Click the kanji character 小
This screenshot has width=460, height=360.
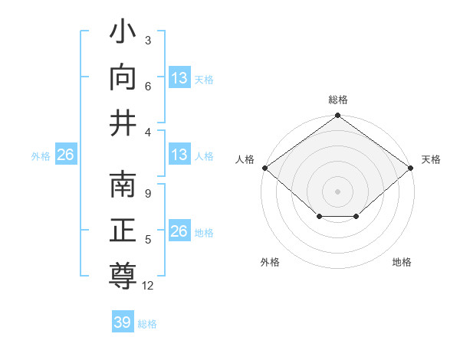(x=123, y=34)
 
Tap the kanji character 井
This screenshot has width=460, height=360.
(x=123, y=123)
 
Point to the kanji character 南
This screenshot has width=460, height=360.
(x=123, y=186)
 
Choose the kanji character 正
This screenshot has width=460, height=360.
(x=123, y=231)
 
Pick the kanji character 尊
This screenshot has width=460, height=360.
(x=123, y=275)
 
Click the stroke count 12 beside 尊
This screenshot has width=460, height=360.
(x=149, y=286)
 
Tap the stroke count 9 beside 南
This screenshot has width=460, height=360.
(x=147, y=194)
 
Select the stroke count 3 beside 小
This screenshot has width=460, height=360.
(x=147, y=41)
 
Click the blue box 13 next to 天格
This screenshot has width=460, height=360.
(x=179, y=78)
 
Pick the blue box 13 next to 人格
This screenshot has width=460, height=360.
(x=179, y=155)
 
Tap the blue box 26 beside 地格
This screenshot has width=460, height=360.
(x=179, y=231)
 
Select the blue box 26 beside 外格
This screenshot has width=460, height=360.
(x=65, y=155)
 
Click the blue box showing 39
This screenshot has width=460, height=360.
(x=123, y=322)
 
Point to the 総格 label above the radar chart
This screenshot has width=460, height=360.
(x=337, y=100)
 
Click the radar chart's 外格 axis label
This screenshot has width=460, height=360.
(x=270, y=262)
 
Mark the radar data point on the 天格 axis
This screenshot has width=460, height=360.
(x=411, y=168)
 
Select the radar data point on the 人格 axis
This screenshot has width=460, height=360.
(x=264, y=168)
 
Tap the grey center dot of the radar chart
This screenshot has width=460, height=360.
(x=337, y=191)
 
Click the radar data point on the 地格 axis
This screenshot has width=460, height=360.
(x=356, y=217)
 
